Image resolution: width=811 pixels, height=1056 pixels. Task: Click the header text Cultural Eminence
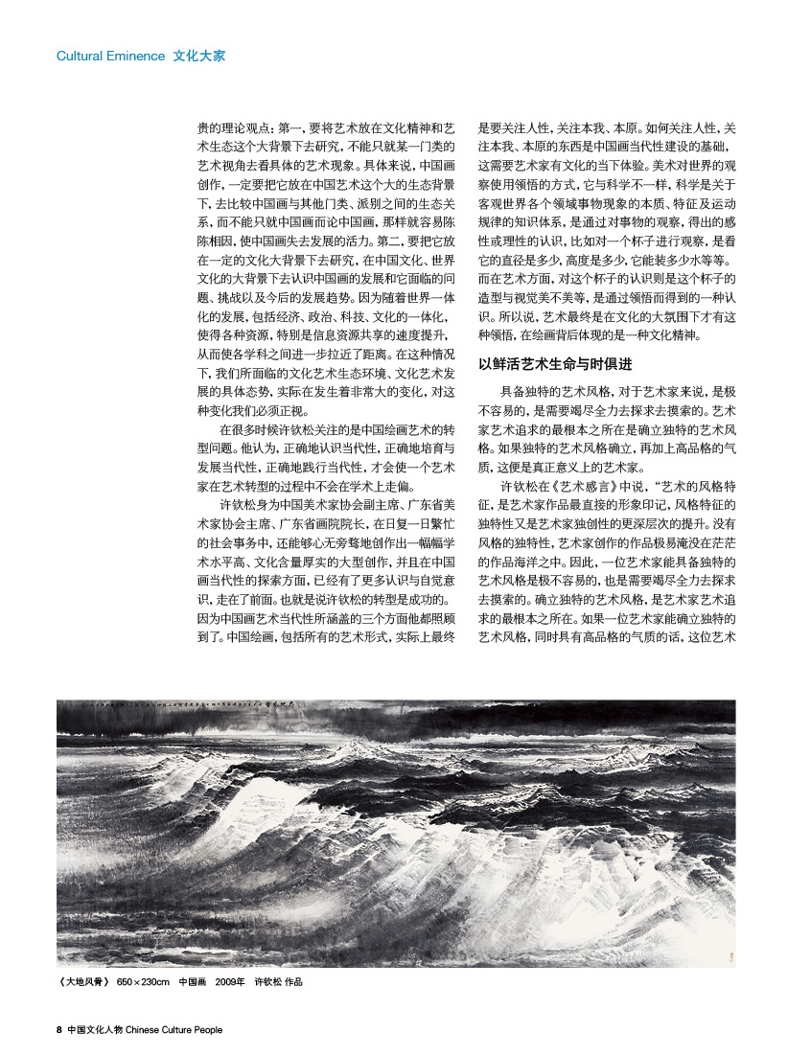pos(110,57)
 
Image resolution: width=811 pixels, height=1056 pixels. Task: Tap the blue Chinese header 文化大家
pos(199,57)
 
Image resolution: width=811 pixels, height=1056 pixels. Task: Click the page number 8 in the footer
pos(58,1030)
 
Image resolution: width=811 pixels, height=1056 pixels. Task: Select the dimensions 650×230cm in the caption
pos(143,982)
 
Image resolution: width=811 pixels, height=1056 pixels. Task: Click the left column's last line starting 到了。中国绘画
pos(326,635)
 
